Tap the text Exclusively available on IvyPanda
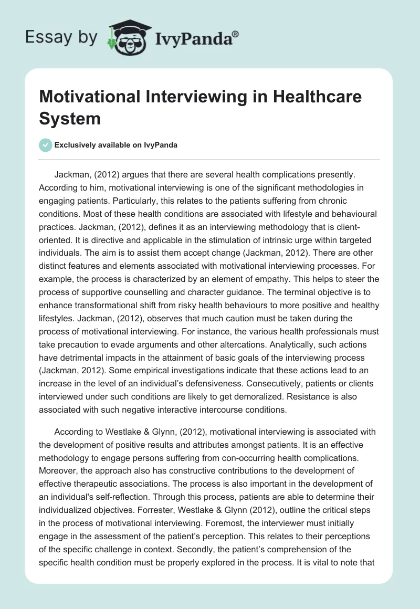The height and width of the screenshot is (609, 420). click(x=115, y=145)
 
